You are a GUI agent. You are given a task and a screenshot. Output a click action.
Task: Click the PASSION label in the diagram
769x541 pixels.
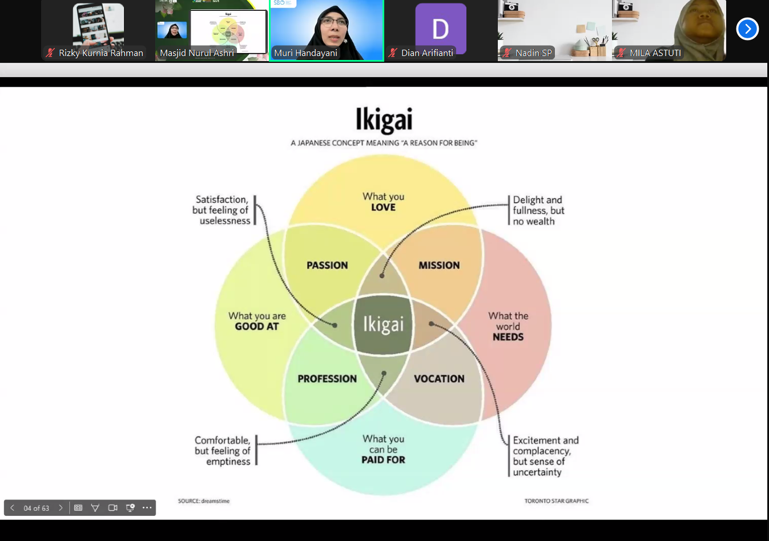(x=327, y=265)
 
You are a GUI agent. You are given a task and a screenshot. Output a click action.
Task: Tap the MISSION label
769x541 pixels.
(x=439, y=265)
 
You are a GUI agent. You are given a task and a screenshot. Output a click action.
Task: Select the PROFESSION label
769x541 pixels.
(x=327, y=379)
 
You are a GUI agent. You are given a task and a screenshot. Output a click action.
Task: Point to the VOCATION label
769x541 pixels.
(x=439, y=379)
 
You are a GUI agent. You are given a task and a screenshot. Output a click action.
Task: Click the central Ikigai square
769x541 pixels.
(x=383, y=324)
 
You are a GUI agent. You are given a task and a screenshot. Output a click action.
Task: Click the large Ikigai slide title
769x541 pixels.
(x=384, y=119)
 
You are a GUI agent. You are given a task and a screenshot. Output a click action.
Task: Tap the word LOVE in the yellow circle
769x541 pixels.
(x=383, y=207)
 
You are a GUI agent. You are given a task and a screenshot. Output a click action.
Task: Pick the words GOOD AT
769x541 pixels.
(x=257, y=327)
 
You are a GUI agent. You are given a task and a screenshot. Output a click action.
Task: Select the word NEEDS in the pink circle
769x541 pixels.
(x=508, y=337)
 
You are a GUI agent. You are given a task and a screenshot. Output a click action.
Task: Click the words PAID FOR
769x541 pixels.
(x=383, y=460)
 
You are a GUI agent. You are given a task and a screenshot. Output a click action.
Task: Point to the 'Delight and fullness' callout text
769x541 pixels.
(x=538, y=210)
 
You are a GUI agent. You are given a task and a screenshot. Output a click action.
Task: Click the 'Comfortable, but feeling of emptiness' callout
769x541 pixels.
(x=223, y=451)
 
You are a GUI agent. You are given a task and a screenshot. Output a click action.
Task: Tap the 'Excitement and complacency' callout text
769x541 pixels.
(x=545, y=456)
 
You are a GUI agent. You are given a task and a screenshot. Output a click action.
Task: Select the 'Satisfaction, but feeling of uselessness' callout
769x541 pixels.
(x=222, y=210)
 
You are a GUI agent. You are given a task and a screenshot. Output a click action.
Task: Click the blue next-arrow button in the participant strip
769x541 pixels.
(x=747, y=29)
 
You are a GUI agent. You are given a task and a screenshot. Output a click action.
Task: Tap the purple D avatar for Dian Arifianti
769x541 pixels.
(x=440, y=28)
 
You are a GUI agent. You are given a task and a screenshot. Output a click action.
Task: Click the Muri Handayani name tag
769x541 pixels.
(x=306, y=53)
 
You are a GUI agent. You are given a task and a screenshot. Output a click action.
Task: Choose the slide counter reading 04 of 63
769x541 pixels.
(x=37, y=508)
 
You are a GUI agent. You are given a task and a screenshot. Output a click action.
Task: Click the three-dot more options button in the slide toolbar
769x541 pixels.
(x=147, y=508)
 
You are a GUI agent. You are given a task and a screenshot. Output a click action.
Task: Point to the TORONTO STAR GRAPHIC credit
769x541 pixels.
(x=556, y=501)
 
